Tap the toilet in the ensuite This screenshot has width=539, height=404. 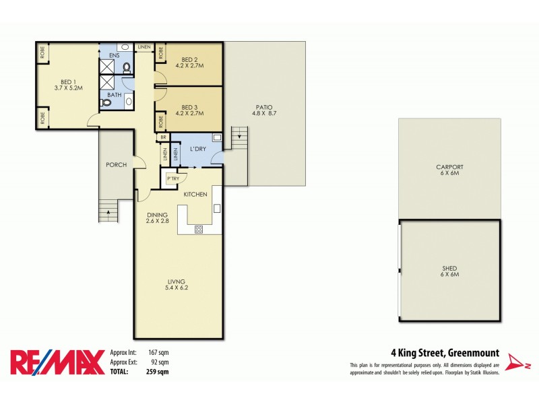coord(127,67)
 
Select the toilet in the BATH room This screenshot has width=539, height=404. coord(106,103)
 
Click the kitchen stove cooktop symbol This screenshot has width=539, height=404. coord(199,229)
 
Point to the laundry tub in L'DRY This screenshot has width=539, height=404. coord(217,137)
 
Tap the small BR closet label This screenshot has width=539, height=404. coord(162,137)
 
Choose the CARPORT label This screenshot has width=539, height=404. coord(449,169)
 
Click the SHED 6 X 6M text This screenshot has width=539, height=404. coord(449,272)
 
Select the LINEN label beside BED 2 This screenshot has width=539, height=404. coord(144,47)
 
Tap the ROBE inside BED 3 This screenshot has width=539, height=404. coord(160,122)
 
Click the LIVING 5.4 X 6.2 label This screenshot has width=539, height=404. coord(178,285)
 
